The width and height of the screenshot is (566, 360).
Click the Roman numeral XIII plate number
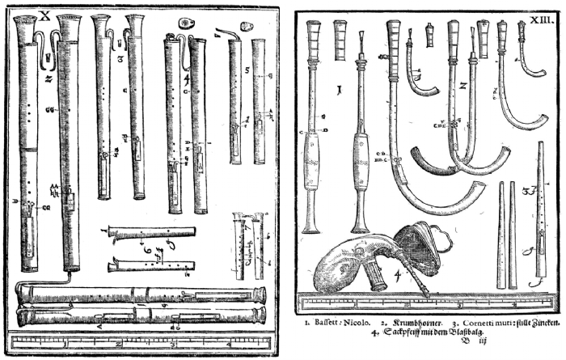point(541,15)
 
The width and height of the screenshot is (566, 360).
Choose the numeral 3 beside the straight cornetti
point(526,192)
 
